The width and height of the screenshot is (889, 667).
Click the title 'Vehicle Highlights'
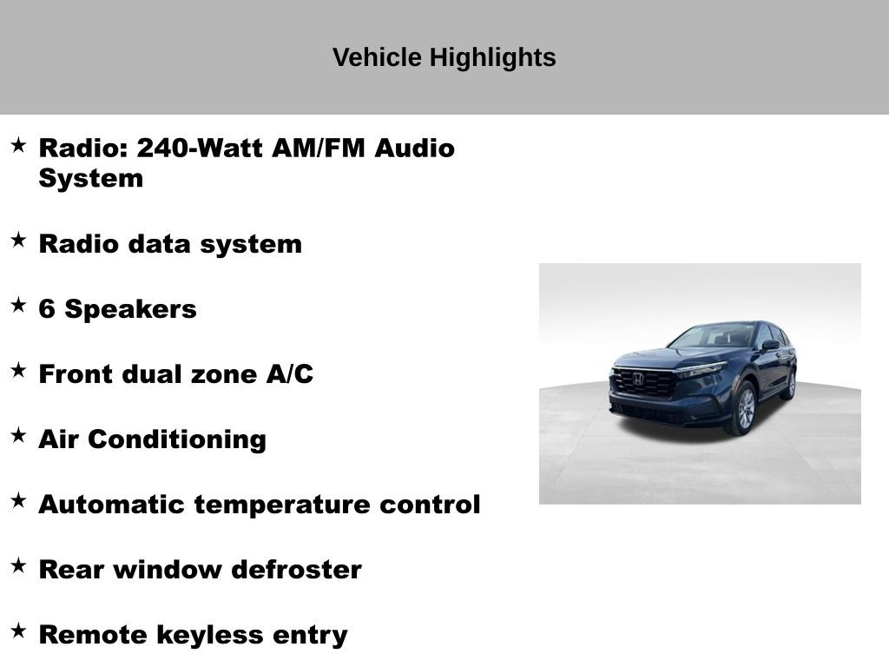[x=444, y=57]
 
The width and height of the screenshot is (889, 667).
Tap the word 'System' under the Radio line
[x=90, y=179]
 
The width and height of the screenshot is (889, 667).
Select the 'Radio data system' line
[x=170, y=244]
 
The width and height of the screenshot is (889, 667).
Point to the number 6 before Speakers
[x=48, y=309]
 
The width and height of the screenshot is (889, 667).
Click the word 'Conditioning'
[x=177, y=439]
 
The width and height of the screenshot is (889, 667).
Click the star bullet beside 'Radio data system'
[x=18, y=241]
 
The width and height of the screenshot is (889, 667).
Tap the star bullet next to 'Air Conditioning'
[x=18, y=436]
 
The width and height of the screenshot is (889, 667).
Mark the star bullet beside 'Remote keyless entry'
[x=18, y=631]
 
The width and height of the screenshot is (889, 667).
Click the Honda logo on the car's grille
[x=638, y=379]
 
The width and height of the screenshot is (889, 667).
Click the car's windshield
[x=714, y=336]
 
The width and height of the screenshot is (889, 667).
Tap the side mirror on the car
[x=770, y=345]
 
